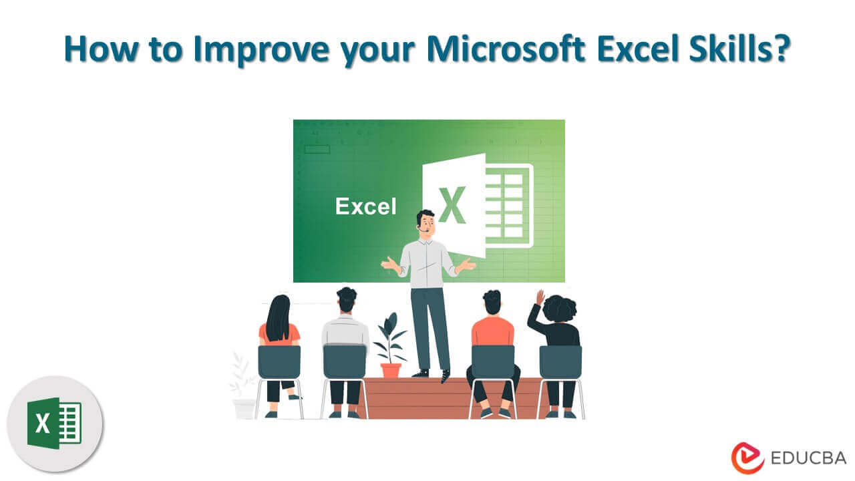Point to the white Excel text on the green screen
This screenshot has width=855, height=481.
[x=365, y=206]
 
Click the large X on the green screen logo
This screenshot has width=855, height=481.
[x=452, y=206]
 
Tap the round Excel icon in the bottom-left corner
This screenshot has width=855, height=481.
[x=55, y=423]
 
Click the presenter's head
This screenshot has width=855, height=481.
[x=425, y=224]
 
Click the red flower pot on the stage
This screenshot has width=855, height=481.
[x=390, y=369]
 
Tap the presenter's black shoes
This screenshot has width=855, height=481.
[x=431, y=374]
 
